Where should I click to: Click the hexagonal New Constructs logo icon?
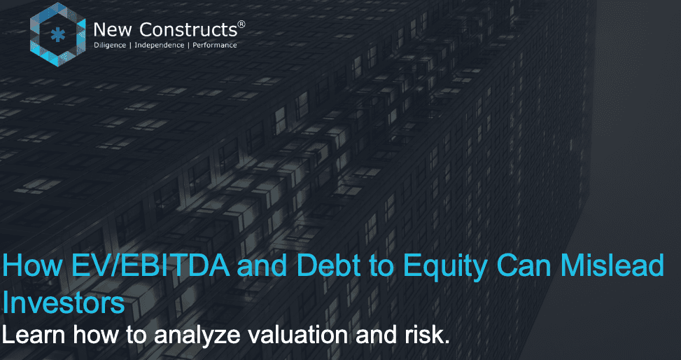point(58,34)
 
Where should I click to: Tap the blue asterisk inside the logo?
point(57,35)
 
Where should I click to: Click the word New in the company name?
point(111,29)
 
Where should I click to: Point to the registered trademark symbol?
point(241,24)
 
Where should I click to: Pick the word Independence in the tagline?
point(160,45)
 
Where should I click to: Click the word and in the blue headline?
point(262,265)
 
